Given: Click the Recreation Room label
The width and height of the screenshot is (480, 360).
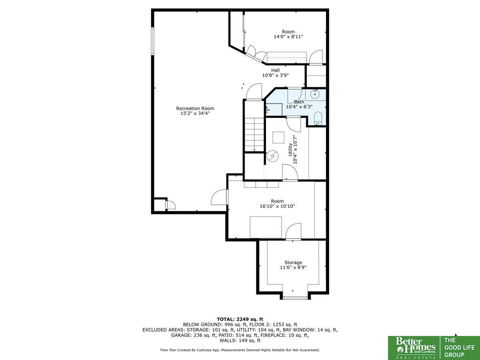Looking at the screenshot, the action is click(195, 108).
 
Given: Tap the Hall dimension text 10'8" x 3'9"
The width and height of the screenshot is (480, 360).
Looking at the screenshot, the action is click(275, 76).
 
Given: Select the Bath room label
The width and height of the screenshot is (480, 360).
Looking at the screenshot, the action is click(299, 102).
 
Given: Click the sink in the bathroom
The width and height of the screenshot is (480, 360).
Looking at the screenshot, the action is click(315, 94).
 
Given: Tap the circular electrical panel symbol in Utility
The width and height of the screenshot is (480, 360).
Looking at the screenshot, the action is click(273, 156).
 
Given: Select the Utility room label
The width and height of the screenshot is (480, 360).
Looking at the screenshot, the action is click(290, 150).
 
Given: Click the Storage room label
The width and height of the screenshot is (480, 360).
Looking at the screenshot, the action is click(293, 262).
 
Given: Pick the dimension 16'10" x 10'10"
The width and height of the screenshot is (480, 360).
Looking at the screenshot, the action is click(277, 206).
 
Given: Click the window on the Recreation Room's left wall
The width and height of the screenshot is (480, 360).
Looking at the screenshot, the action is click(153, 41).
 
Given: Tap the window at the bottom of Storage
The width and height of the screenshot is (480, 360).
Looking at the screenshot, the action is click(295, 298).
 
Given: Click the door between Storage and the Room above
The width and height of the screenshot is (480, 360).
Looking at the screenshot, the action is click(293, 232).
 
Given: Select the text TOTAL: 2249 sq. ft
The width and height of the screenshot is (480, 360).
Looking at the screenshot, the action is click(240, 319).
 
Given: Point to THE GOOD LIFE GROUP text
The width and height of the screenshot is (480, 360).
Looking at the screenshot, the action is click(459, 348).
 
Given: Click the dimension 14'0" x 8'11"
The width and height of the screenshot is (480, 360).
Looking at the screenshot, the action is click(288, 37).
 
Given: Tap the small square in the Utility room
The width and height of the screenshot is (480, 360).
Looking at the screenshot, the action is click(278, 138).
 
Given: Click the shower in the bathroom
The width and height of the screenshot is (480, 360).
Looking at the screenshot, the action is click(274, 110).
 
